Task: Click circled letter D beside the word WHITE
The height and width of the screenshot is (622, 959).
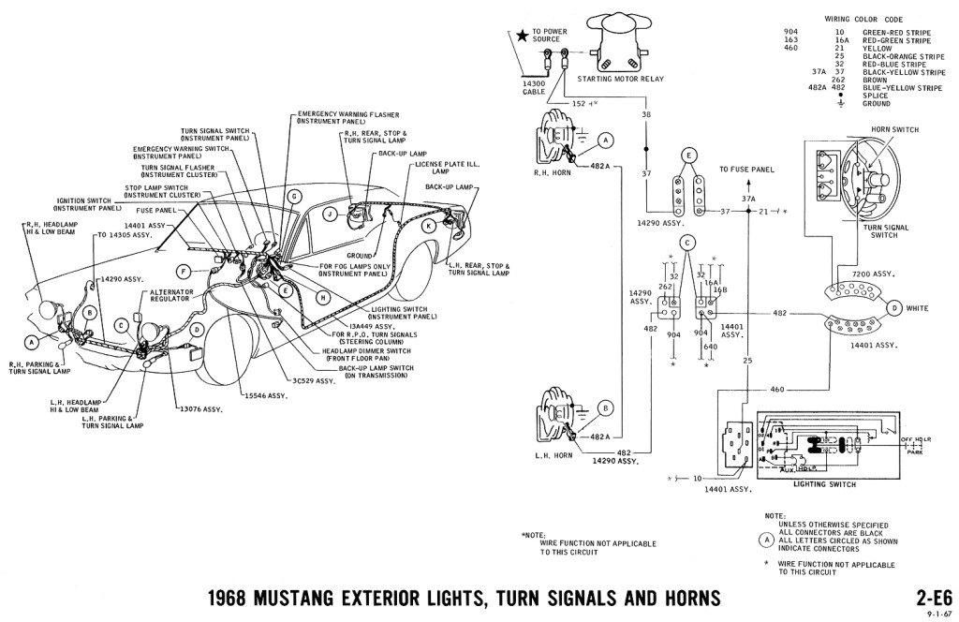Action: (894, 307)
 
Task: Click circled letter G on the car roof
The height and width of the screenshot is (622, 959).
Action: (294, 196)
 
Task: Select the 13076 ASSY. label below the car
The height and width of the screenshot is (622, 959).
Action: (194, 409)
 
